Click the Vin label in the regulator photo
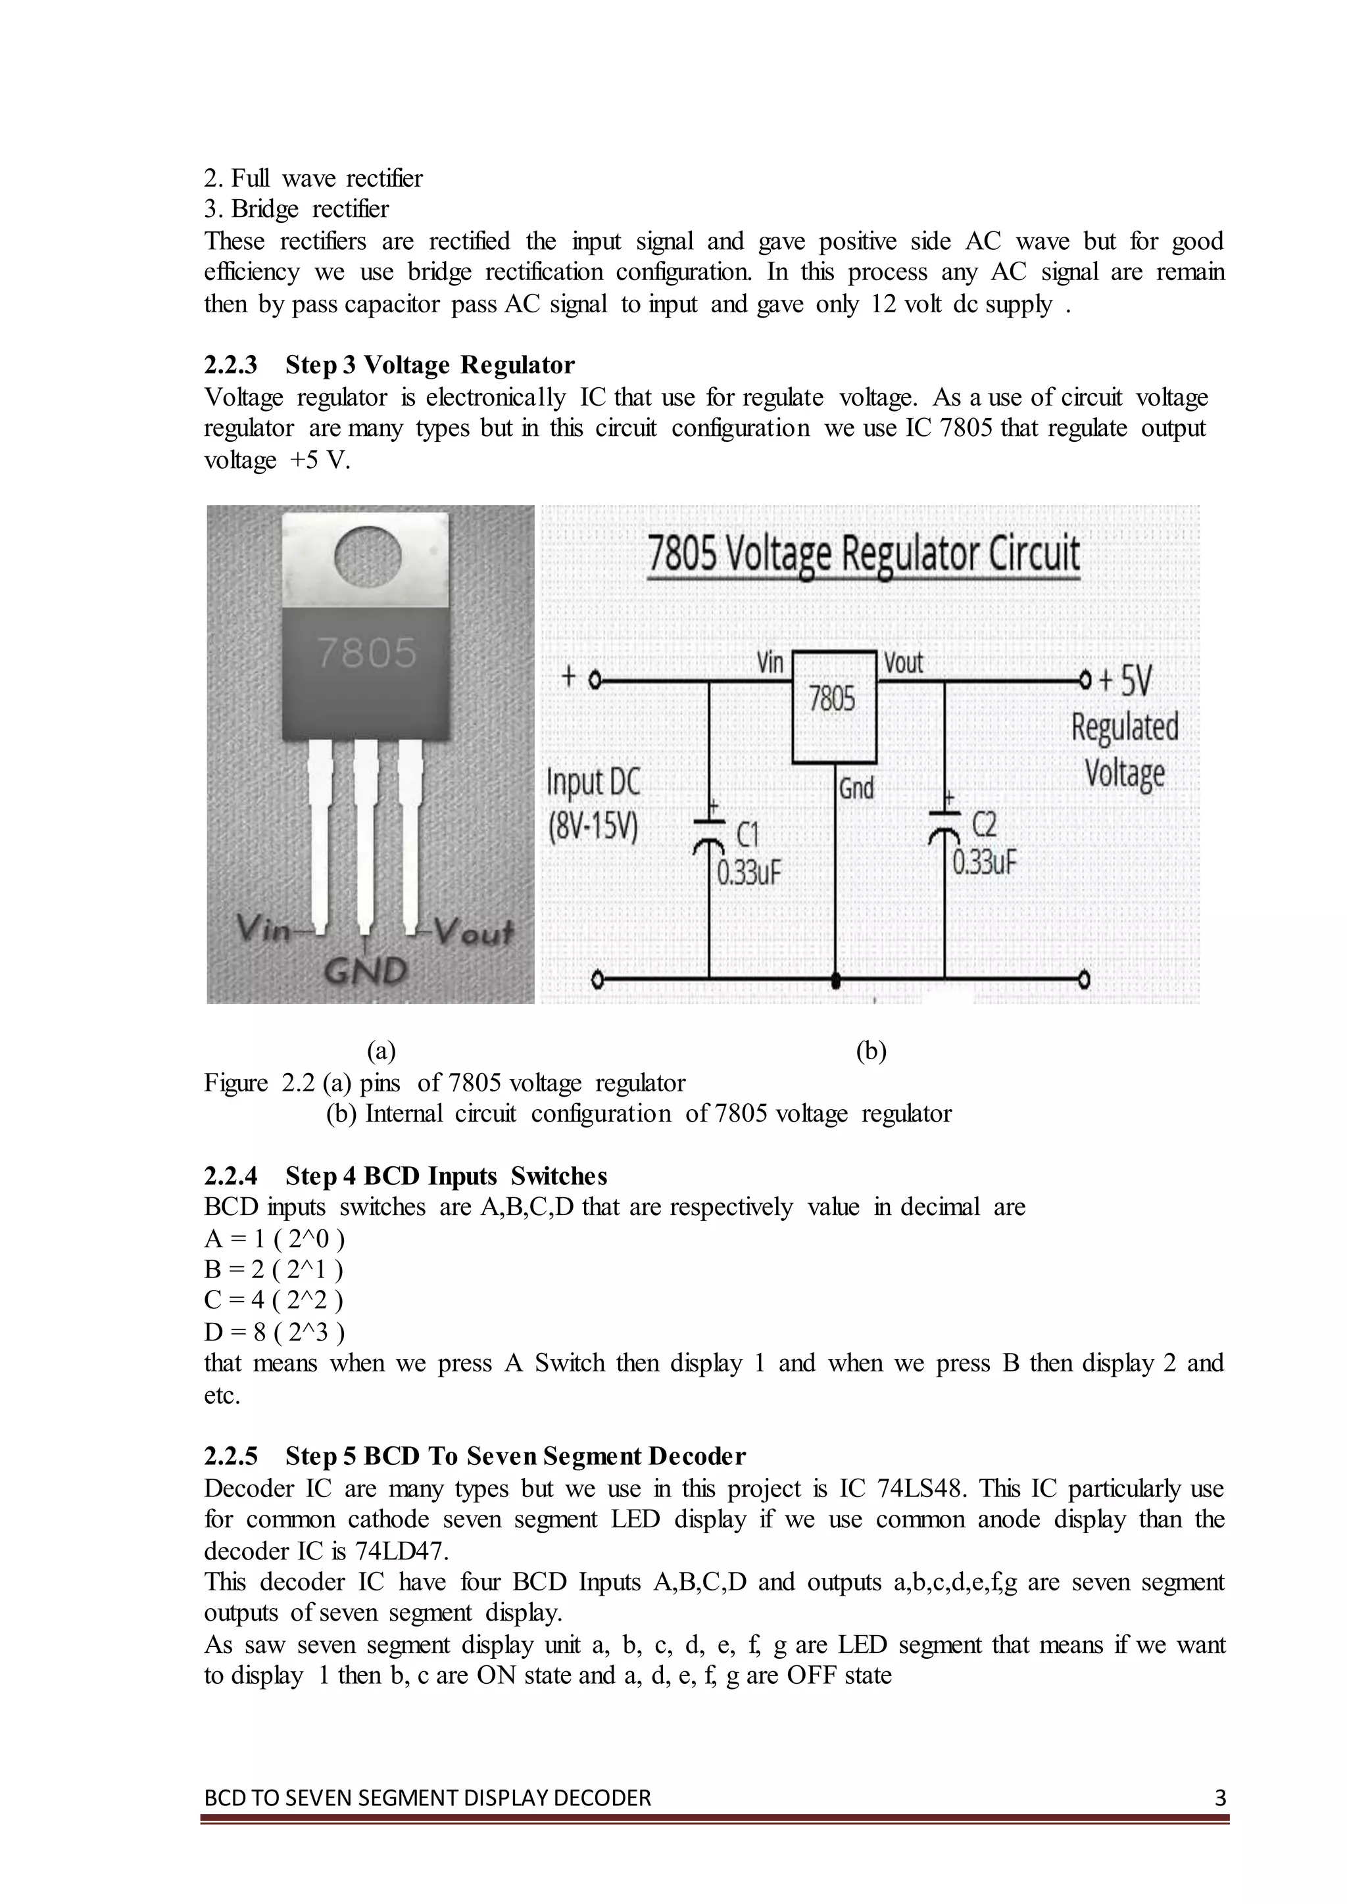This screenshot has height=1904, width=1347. point(263,929)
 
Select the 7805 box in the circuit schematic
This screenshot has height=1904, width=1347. point(833,707)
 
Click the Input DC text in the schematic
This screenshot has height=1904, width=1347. point(593,781)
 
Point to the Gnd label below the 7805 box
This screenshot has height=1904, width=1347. point(856,787)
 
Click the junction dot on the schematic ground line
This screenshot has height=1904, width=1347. point(835,981)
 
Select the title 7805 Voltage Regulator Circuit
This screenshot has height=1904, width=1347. point(863,554)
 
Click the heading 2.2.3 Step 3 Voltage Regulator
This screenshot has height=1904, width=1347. point(389,365)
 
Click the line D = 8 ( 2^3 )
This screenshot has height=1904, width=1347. point(274,1332)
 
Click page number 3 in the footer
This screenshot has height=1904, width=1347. point(1219,1798)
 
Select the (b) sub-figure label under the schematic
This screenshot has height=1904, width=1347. point(870,1051)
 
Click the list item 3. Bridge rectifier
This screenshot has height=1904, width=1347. point(296,209)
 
